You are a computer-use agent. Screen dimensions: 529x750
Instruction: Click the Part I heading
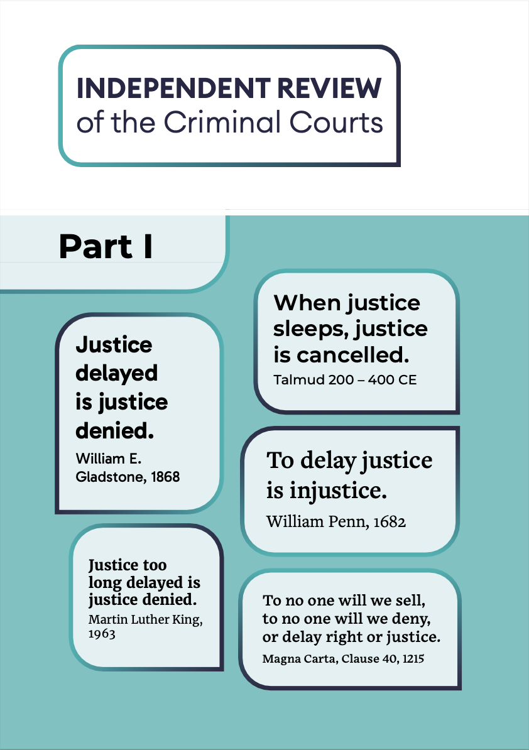click(x=106, y=246)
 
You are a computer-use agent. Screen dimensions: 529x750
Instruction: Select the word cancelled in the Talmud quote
click(x=353, y=355)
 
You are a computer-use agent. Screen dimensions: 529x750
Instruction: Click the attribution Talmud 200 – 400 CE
click(x=345, y=380)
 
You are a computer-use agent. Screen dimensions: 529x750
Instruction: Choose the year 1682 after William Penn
click(x=388, y=521)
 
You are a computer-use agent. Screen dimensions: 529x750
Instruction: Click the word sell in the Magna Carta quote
click(x=413, y=600)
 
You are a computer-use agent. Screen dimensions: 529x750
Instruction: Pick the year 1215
click(x=420, y=659)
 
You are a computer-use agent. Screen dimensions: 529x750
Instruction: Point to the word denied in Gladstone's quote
click(x=115, y=430)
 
